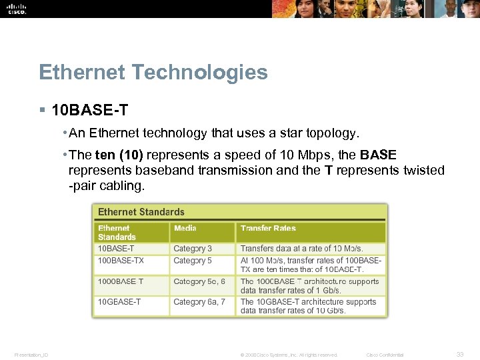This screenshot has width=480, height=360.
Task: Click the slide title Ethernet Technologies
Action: (x=153, y=72)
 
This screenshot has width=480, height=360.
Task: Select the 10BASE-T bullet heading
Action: (x=89, y=109)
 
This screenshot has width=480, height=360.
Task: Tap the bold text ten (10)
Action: (x=119, y=155)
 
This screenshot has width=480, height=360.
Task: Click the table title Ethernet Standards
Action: (x=141, y=212)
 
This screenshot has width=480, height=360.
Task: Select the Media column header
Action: (x=185, y=229)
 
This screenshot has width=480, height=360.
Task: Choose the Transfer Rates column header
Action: (x=268, y=229)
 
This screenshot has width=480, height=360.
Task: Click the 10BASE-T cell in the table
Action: (x=116, y=249)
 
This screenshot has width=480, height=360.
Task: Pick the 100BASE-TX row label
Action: (x=121, y=261)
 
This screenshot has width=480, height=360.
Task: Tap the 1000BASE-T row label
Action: (x=121, y=281)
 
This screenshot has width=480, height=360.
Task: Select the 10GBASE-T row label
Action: (x=119, y=302)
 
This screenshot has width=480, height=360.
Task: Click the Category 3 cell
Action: (x=193, y=249)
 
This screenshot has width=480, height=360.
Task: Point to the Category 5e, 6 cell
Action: (x=199, y=281)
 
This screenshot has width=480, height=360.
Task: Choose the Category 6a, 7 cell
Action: (x=199, y=302)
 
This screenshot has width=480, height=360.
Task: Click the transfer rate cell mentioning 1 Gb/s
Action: (x=309, y=285)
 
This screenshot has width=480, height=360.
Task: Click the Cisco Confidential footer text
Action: (x=385, y=355)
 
